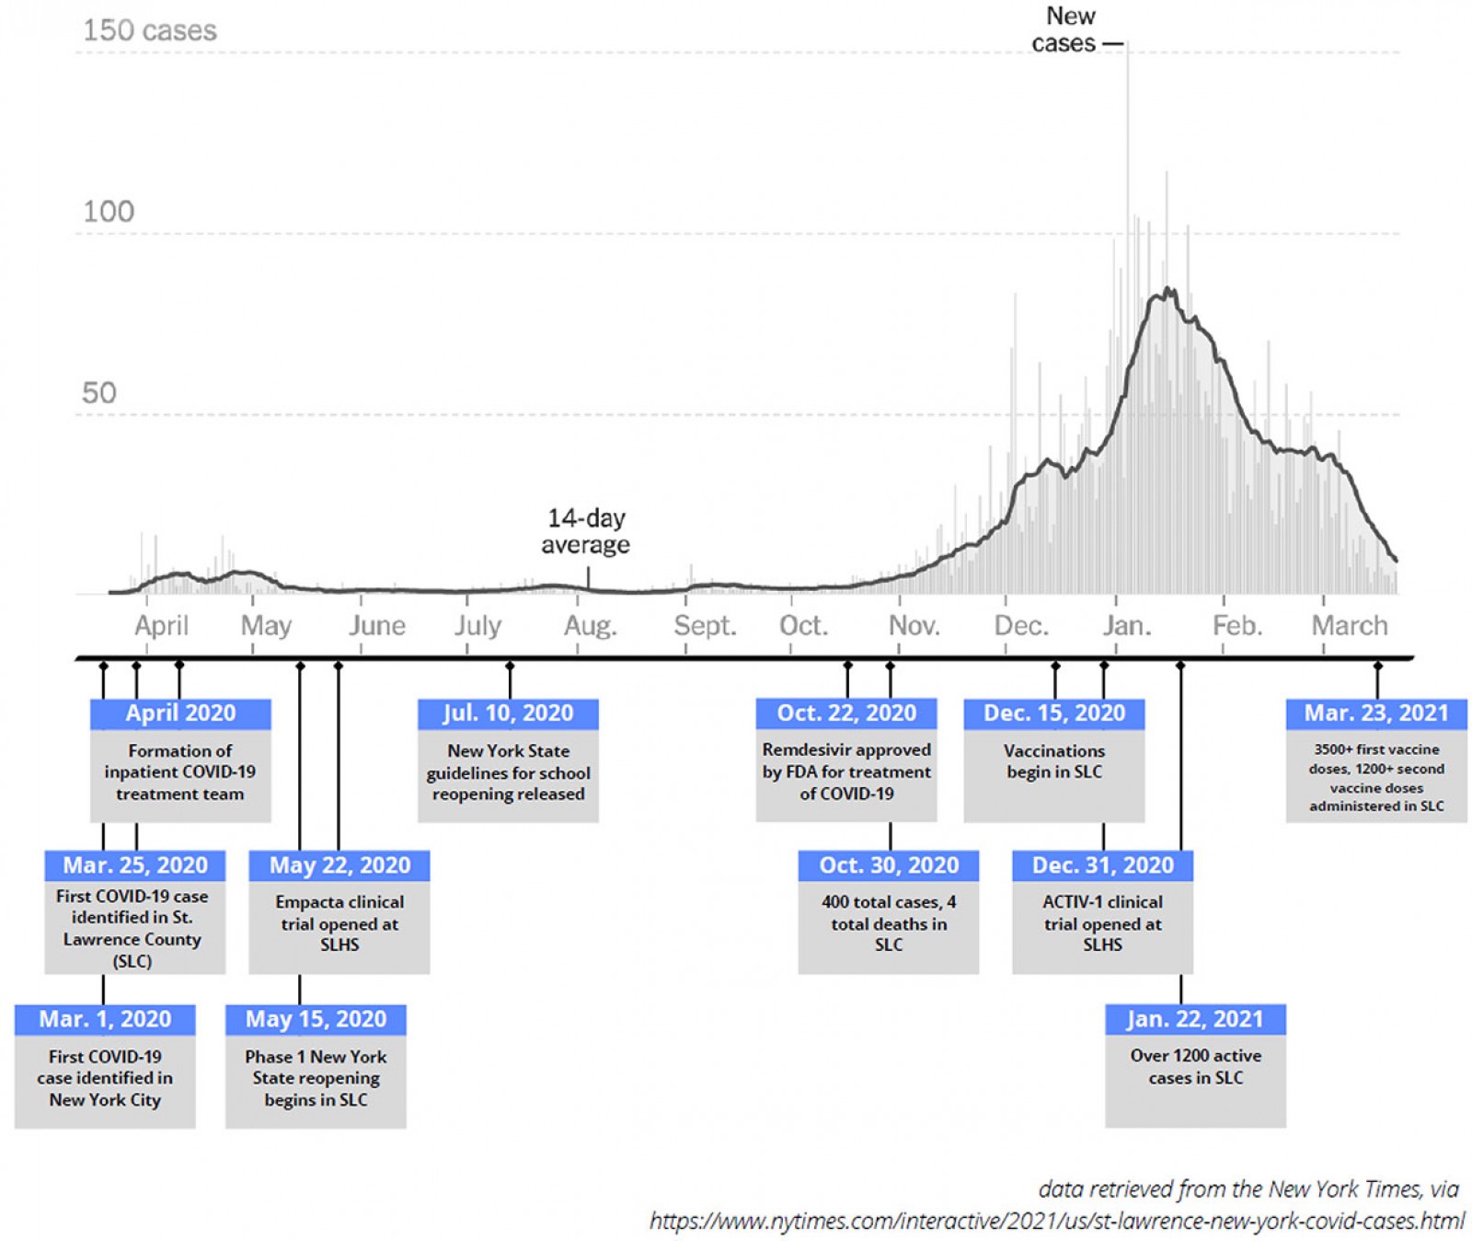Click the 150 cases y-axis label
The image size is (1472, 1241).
click(150, 30)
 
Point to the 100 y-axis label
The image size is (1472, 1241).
click(109, 212)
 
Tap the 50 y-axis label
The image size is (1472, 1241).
click(99, 393)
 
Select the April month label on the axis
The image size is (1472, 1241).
click(161, 626)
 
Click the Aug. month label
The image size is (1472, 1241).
click(590, 626)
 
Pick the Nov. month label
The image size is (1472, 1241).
click(914, 626)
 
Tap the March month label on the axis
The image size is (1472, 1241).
click(1349, 626)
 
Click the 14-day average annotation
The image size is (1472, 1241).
click(586, 531)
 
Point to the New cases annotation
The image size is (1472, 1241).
click(1067, 29)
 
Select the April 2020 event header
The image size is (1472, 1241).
click(180, 713)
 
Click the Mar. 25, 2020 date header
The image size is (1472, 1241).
click(135, 865)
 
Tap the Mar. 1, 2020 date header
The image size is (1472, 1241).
click(105, 1019)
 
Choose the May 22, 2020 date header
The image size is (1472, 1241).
click(339, 865)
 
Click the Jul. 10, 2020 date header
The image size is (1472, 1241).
click(508, 713)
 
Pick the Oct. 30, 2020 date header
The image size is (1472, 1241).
click(889, 865)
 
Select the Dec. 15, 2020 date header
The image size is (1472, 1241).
click(1054, 713)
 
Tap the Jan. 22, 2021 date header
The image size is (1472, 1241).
click(1195, 1019)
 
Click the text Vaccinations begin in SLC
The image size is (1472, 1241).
click(1054, 761)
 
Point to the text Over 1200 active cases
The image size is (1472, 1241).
click(1195, 1067)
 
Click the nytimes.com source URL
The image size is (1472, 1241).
click(1056, 1221)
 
